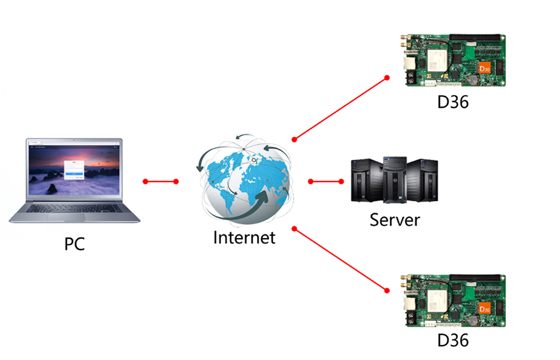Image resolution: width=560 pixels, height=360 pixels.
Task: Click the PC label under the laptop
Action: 74,244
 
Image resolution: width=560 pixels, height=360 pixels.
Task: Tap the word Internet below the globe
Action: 244,238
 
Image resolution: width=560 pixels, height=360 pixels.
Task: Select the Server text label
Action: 395,220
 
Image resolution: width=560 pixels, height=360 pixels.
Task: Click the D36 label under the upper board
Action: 453,102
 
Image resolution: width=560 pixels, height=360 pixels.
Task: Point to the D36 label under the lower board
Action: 453,340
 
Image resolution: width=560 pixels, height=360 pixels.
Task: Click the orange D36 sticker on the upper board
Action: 485,68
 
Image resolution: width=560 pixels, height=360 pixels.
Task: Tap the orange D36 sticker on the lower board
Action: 485,308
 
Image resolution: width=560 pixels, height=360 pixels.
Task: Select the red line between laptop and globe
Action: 161,182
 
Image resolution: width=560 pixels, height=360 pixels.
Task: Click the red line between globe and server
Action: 326,182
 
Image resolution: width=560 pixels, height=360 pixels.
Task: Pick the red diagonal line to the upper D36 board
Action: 340,109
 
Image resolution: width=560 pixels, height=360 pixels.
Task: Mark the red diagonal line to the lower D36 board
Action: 340,260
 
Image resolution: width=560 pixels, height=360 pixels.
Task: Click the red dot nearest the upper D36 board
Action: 387,78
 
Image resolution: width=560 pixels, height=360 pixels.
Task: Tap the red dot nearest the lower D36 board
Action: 387,290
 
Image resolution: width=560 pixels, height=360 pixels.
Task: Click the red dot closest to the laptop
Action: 145,182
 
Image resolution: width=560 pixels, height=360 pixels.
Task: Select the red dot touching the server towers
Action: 341,182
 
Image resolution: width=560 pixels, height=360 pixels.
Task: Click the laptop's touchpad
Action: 66,217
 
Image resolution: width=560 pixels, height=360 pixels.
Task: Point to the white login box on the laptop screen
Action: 74,170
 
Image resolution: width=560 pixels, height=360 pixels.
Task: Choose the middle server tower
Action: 395,179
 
